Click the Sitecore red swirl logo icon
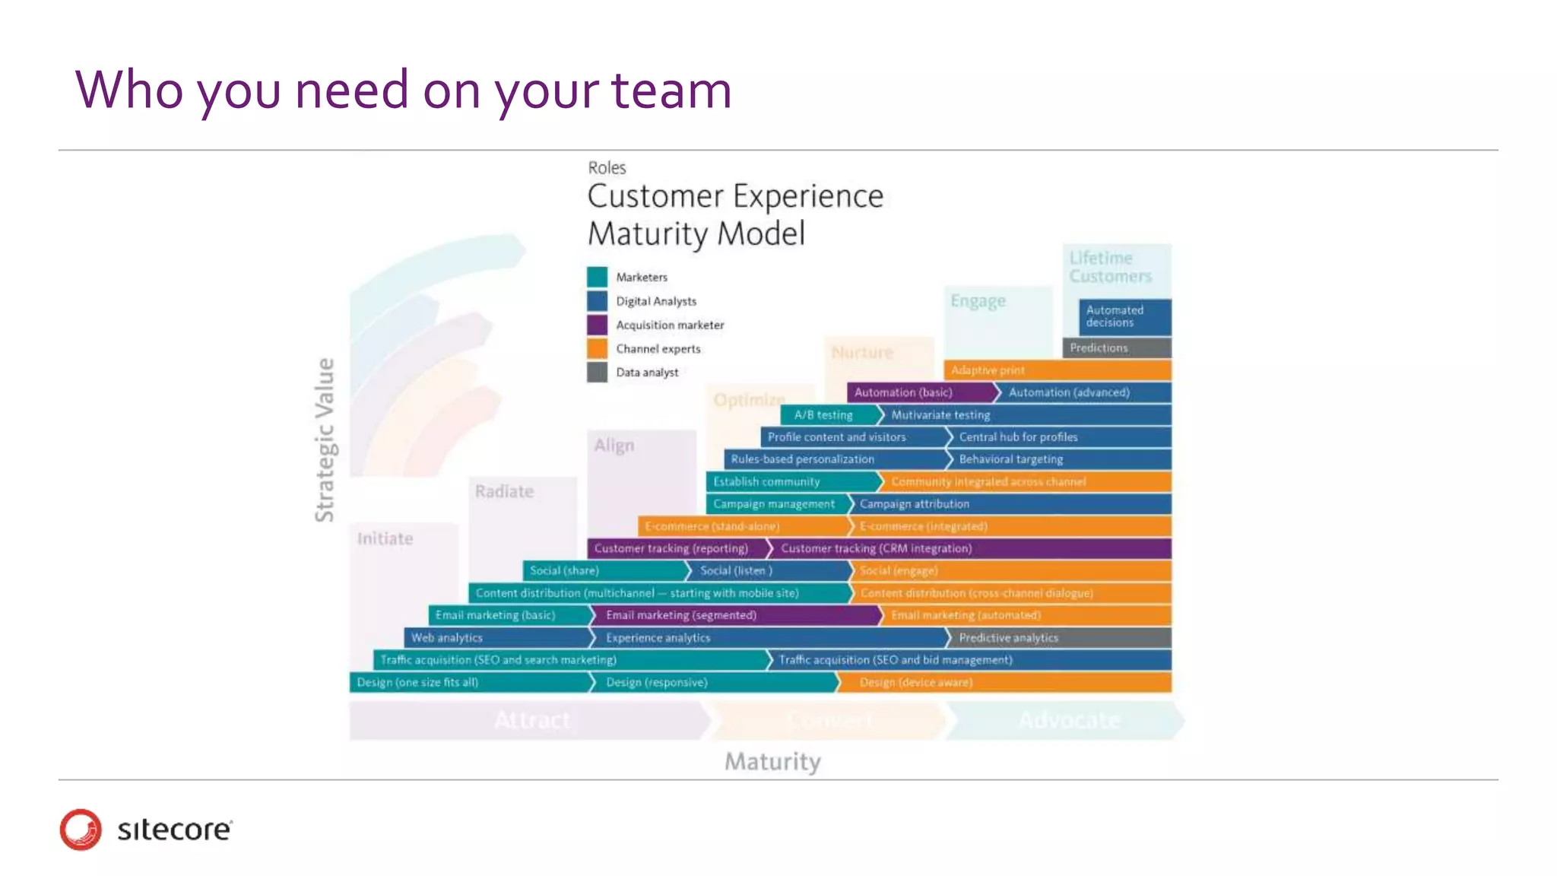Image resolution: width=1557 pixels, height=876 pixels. click(x=81, y=829)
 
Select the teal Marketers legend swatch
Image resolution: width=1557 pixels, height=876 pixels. click(x=597, y=277)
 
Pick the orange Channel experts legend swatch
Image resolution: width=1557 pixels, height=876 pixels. click(x=597, y=348)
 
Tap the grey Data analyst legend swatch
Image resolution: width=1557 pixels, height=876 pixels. click(x=597, y=372)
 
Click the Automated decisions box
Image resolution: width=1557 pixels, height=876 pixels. click(x=1124, y=316)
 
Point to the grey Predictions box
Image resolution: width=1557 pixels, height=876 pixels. click(x=1115, y=348)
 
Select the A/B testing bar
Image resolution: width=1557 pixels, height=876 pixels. click(x=827, y=414)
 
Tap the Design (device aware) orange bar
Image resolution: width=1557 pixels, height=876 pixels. click(x=1004, y=682)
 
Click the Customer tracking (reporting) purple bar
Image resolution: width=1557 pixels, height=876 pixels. click(x=675, y=548)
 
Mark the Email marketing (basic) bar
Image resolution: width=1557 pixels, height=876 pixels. click(x=508, y=615)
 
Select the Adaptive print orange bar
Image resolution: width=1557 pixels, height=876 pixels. click(x=1057, y=370)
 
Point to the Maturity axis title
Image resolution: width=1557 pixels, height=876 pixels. click(x=772, y=761)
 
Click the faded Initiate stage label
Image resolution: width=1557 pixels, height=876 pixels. click(x=385, y=538)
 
